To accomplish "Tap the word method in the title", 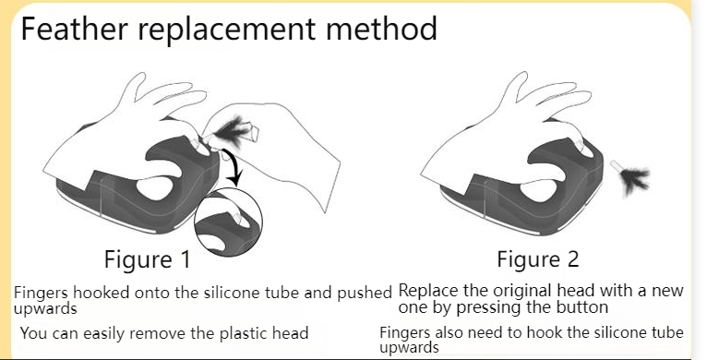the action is (x=381, y=28).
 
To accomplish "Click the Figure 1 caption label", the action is (x=148, y=259).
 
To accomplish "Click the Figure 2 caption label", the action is (x=538, y=259).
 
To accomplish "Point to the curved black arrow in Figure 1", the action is (x=235, y=166).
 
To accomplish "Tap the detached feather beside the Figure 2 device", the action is (x=631, y=178).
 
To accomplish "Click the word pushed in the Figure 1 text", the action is (x=365, y=294).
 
